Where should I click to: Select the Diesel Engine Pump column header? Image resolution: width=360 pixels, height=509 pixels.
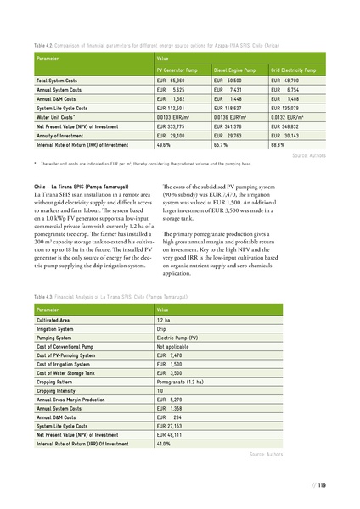(x=235, y=69)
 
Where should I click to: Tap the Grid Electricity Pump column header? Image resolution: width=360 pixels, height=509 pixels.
(x=294, y=69)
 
